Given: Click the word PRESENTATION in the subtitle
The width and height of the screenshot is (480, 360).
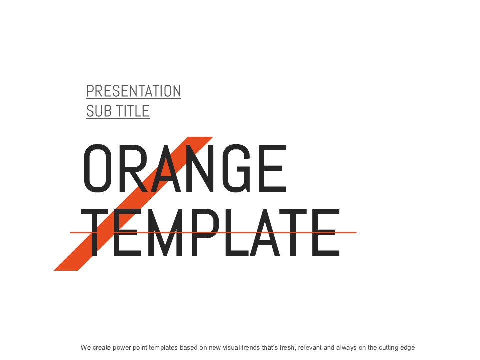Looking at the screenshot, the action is pyautogui.click(x=134, y=91).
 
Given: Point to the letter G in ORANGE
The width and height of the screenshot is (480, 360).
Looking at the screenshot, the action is pyautogui.click(x=237, y=168).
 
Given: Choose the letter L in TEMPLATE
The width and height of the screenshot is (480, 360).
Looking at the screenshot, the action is pyautogui.click(x=237, y=232).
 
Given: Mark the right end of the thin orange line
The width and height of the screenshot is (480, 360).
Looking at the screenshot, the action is pyautogui.click(x=356, y=232).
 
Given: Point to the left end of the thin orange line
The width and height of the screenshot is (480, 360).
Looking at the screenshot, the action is pyautogui.click(x=70, y=232).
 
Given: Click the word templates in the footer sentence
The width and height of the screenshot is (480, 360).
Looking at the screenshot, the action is pyautogui.click(x=163, y=348).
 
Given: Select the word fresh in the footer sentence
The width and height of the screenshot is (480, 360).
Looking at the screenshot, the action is pyautogui.click(x=288, y=348).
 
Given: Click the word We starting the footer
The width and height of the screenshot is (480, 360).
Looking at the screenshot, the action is pyautogui.click(x=86, y=348).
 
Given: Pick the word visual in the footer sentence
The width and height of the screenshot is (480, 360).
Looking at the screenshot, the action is pyautogui.click(x=231, y=348).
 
